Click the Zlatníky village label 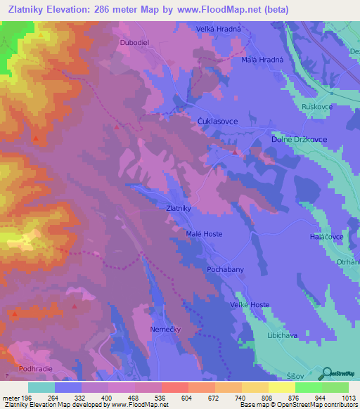[x=179, y=209]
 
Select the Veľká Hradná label [x=217, y=29]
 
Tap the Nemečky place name [x=166, y=328]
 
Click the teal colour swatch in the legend [x=41, y=387]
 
